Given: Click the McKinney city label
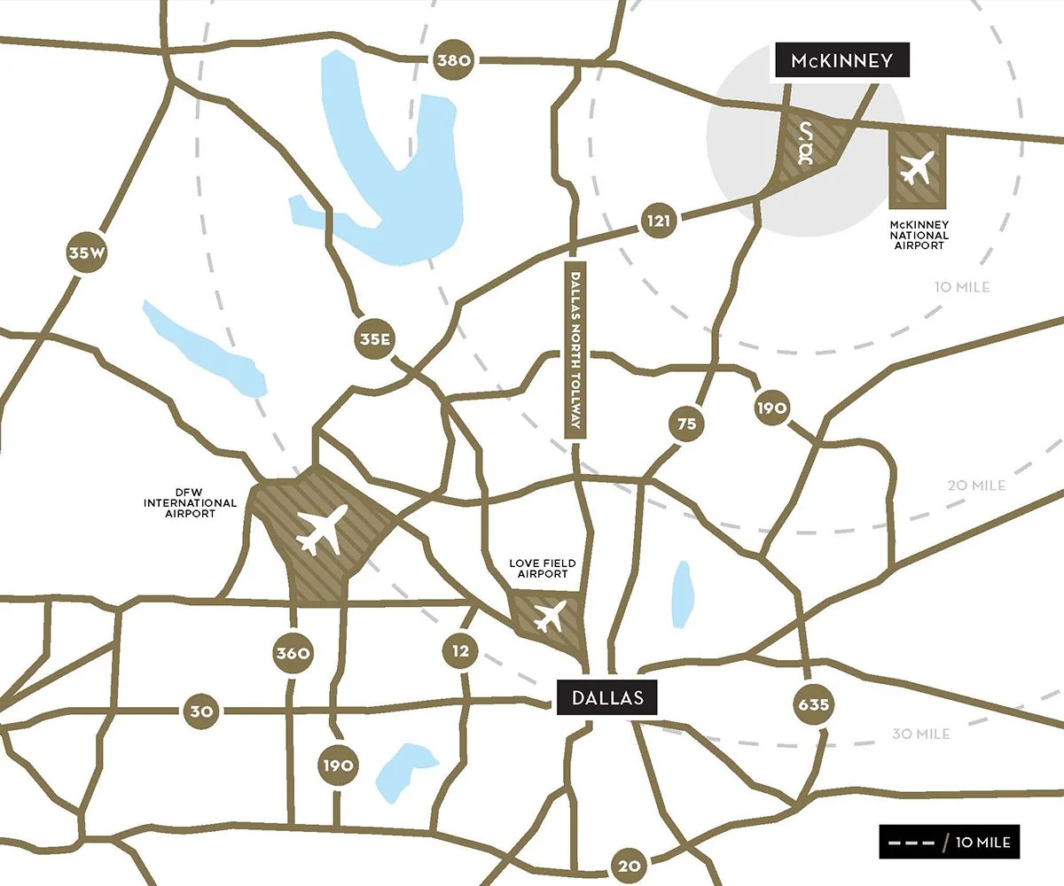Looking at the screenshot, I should [841, 61].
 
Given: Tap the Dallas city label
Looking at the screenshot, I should [607, 697].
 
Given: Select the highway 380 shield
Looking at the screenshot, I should [456, 61].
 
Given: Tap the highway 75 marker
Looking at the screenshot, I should [687, 424].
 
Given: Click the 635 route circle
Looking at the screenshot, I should [813, 705].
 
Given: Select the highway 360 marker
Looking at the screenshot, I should [292, 654].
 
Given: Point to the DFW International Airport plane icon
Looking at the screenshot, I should [322, 530].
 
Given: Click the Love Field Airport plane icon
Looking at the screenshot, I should [549, 616].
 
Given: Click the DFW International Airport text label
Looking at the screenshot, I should [191, 502].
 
